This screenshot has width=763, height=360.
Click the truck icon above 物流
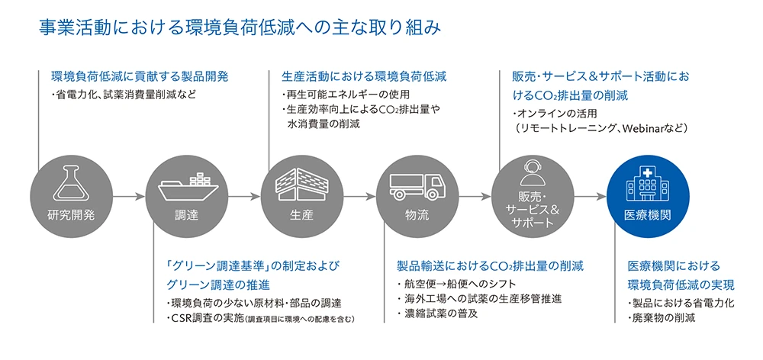pos(416,185)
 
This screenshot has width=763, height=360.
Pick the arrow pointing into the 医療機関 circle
pos(589,197)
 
